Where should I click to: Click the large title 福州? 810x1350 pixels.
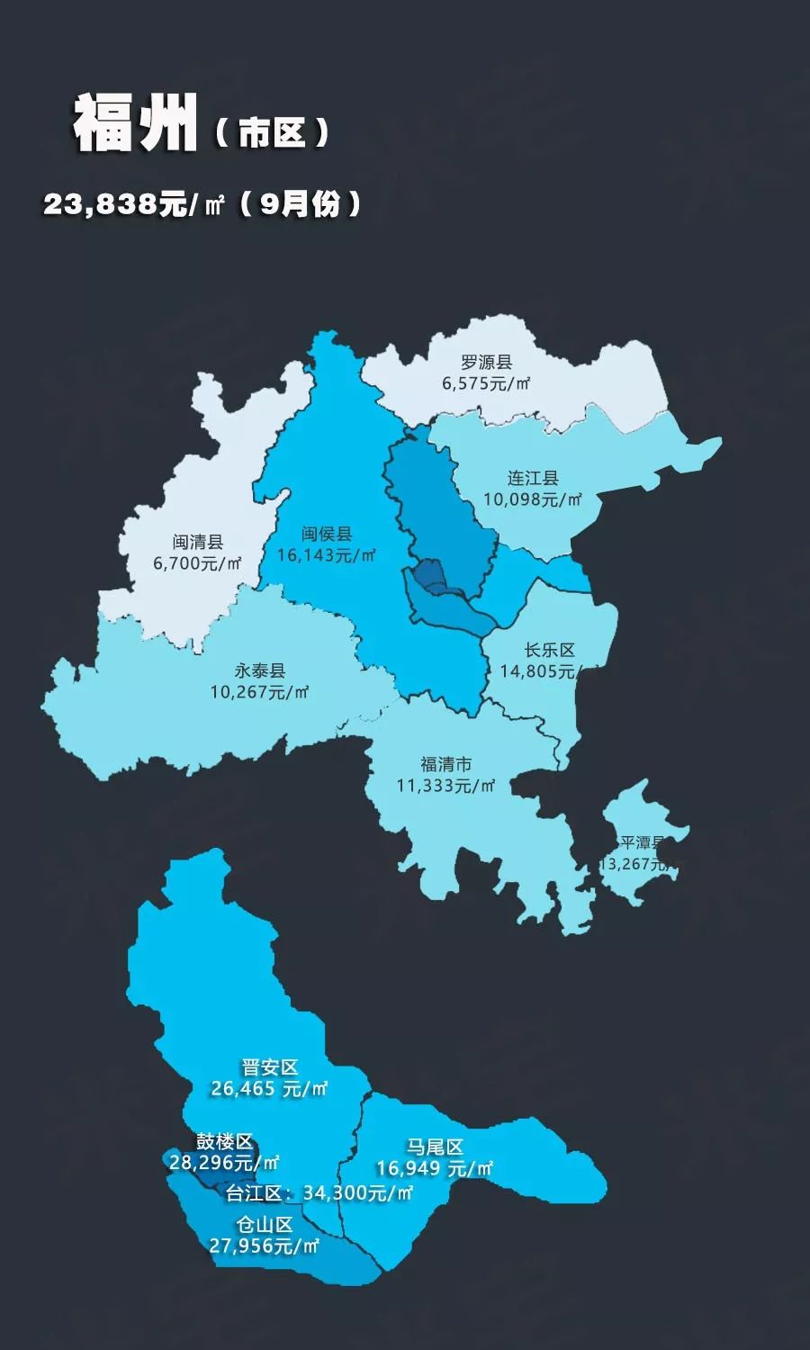(x=134, y=123)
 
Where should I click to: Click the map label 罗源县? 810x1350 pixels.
(x=486, y=363)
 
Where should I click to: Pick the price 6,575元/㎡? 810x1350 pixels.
(x=486, y=383)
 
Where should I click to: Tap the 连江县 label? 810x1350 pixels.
(x=533, y=478)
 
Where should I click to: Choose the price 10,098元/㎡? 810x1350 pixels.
(x=533, y=499)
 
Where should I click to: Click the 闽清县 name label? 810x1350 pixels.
(x=198, y=543)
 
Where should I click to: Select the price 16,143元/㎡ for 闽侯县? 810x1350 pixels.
(x=326, y=555)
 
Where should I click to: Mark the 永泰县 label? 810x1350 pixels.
(x=260, y=671)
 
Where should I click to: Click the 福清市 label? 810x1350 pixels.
(x=445, y=765)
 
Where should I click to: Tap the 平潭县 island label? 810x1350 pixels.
(x=643, y=843)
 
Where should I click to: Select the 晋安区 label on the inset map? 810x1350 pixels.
(x=269, y=1067)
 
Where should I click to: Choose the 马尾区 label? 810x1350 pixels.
(x=435, y=1147)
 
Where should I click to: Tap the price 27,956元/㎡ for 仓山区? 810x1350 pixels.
(x=265, y=1246)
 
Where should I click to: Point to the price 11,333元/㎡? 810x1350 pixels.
(x=445, y=786)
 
